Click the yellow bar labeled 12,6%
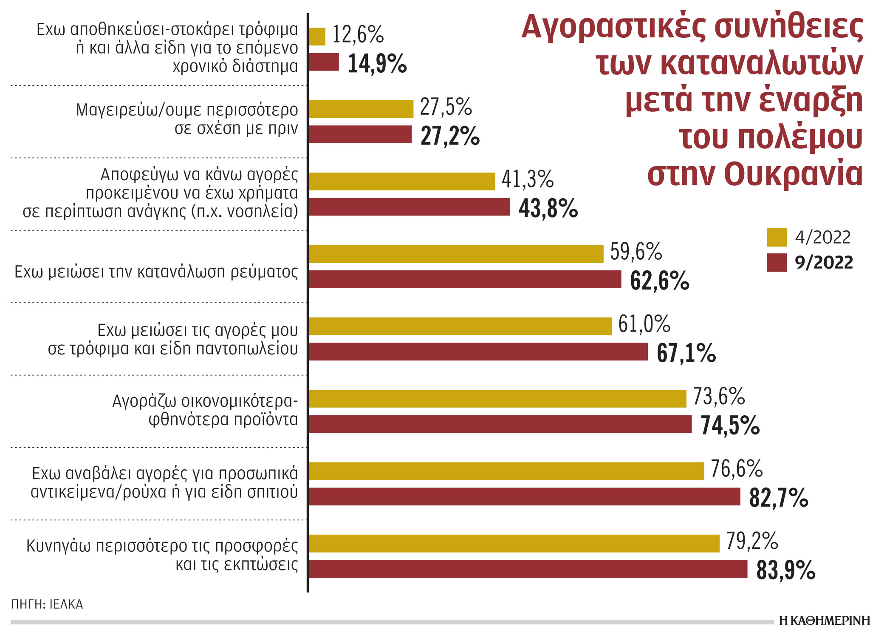(317, 37)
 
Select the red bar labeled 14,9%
(324, 62)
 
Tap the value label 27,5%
(446, 107)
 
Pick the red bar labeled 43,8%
(409, 207)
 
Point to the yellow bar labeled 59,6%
(456, 254)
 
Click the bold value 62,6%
(659, 281)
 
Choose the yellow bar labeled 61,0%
(460, 326)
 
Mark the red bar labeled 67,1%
(478, 352)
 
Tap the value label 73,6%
(719, 396)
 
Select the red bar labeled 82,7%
(524, 497)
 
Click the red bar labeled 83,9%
(528, 569)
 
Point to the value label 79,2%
(752, 541)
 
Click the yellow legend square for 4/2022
(777, 238)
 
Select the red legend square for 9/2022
(777, 263)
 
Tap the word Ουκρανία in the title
(793, 174)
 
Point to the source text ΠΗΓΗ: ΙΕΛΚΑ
(47, 604)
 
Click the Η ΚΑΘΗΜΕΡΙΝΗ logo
(824, 621)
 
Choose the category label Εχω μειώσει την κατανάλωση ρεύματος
(156, 272)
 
